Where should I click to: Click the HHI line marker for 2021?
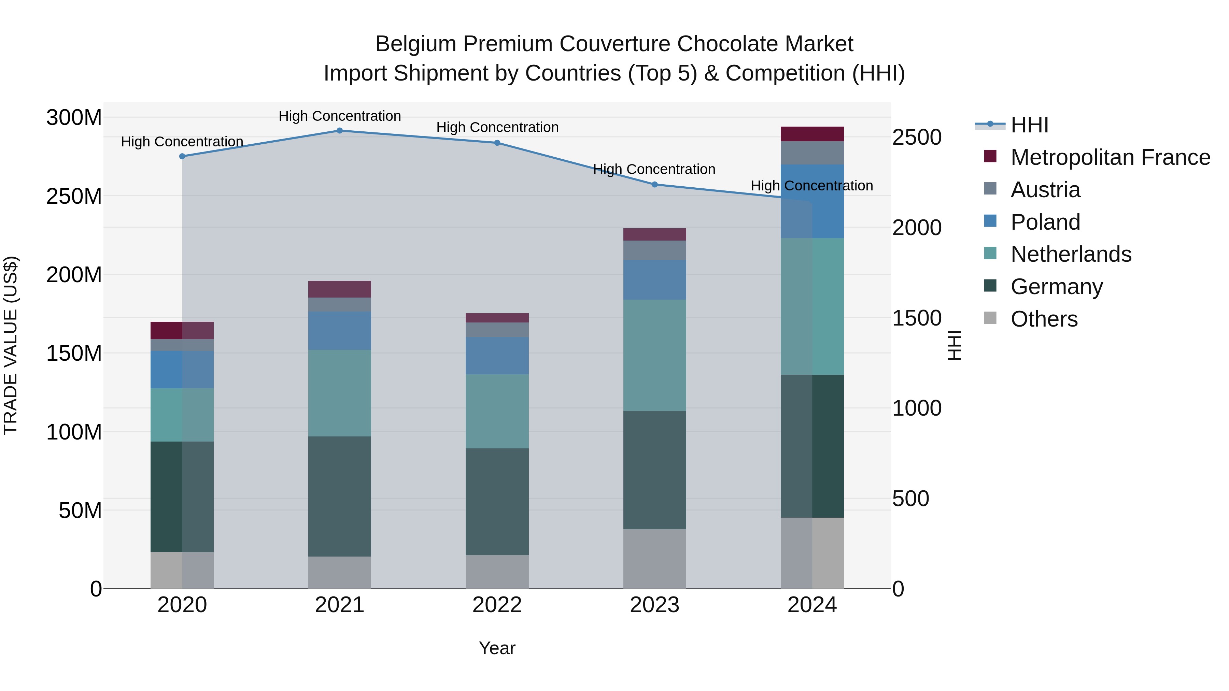tap(340, 131)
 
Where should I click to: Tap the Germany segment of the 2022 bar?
tap(497, 502)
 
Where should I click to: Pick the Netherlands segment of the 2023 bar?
tap(654, 355)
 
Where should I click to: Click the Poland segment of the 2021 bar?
tap(340, 330)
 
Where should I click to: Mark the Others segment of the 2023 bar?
tap(654, 559)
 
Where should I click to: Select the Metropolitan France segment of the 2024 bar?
tap(812, 134)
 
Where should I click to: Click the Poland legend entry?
tap(1045, 222)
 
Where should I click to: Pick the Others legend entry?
tap(1044, 319)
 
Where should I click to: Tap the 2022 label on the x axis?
tap(497, 605)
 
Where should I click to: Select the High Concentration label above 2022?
tap(497, 127)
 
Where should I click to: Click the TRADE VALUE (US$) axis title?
tap(11, 345)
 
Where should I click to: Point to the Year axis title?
tap(497, 648)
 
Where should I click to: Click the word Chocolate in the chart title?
tap(727, 44)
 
